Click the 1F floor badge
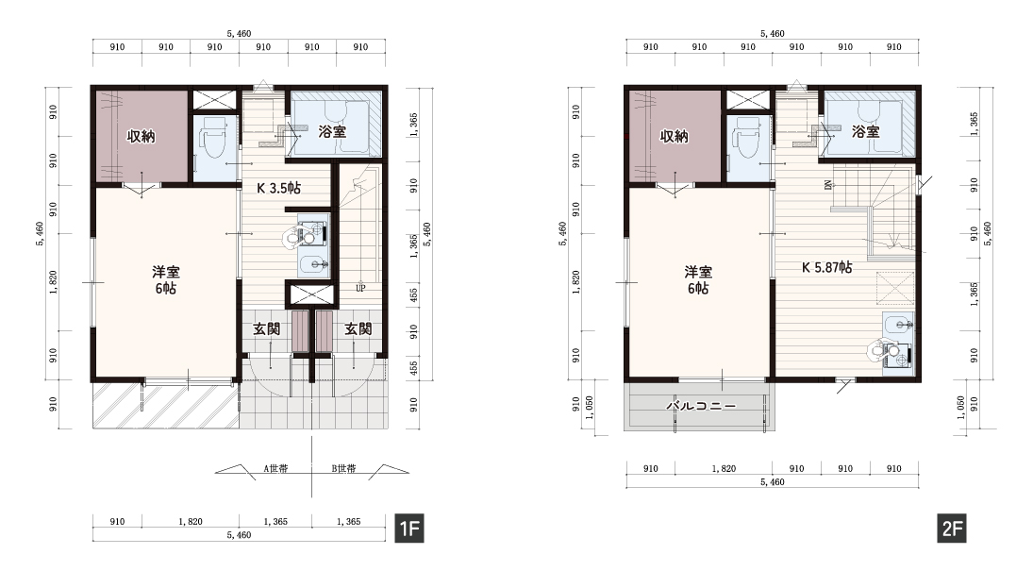point(409,529)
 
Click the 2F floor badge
point(953,529)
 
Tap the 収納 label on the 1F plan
point(141,137)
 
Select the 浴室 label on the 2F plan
point(866,132)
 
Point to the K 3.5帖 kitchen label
point(278,188)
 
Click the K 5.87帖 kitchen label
point(826,267)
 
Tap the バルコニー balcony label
point(701,406)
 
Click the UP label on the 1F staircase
point(360,288)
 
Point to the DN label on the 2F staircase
point(827,185)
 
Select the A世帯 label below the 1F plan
point(276,469)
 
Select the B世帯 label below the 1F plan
point(344,469)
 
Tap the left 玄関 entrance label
point(267,328)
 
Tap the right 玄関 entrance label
point(358,328)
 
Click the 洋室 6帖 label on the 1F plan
point(165,280)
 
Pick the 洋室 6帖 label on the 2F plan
point(698,280)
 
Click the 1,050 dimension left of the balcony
point(591,408)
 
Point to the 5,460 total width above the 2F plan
point(772,34)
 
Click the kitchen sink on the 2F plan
point(896,324)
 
